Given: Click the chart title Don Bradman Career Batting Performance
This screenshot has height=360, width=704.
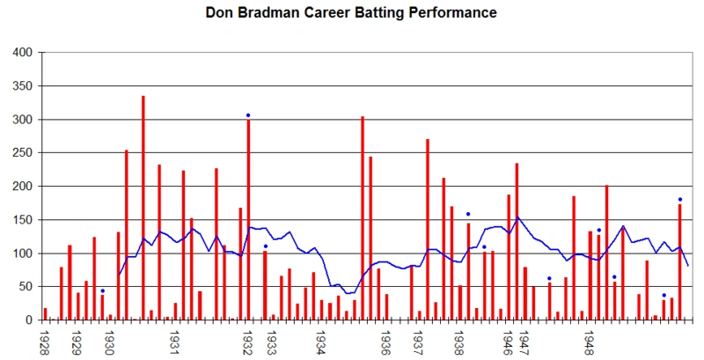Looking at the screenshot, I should pyautogui.click(x=351, y=13).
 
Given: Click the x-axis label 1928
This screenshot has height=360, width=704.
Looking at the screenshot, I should pyautogui.click(x=44, y=343).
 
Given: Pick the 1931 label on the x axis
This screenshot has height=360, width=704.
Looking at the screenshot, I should pyautogui.click(x=175, y=343).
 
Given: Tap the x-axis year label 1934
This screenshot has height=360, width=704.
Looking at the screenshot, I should pyautogui.click(x=322, y=343).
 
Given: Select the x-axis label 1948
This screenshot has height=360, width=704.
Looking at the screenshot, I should pyautogui.click(x=589, y=343).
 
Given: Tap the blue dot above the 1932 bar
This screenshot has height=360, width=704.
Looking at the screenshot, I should pyautogui.click(x=248, y=115).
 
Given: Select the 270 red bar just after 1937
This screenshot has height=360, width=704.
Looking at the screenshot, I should pyautogui.click(x=427, y=229).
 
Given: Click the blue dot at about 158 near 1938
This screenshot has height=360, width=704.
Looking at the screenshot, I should pyautogui.click(x=468, y=214).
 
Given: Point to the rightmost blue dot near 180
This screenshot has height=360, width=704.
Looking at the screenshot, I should pyautogui.click(x=679, y=199).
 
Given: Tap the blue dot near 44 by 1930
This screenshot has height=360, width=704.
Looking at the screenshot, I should pyautogui.click(x=102, y=290).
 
